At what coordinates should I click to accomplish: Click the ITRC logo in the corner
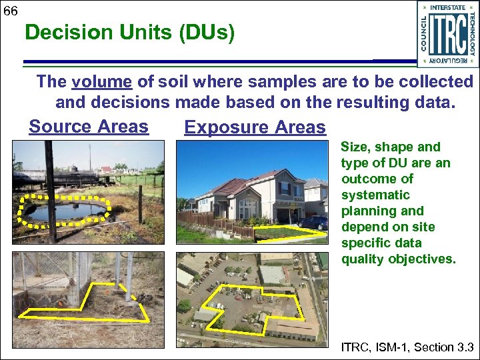[447, 34]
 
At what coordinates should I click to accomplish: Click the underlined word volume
[102, 82]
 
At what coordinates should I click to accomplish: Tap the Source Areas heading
[88, 127]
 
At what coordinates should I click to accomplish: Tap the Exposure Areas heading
[255, 127]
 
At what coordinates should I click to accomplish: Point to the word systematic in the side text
[375, 195]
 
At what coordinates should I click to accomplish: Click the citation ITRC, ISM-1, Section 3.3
[407, 347]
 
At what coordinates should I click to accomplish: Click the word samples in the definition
[283, 82]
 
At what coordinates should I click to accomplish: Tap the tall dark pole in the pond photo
[49, 190]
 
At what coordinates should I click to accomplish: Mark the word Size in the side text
[354, 147]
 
